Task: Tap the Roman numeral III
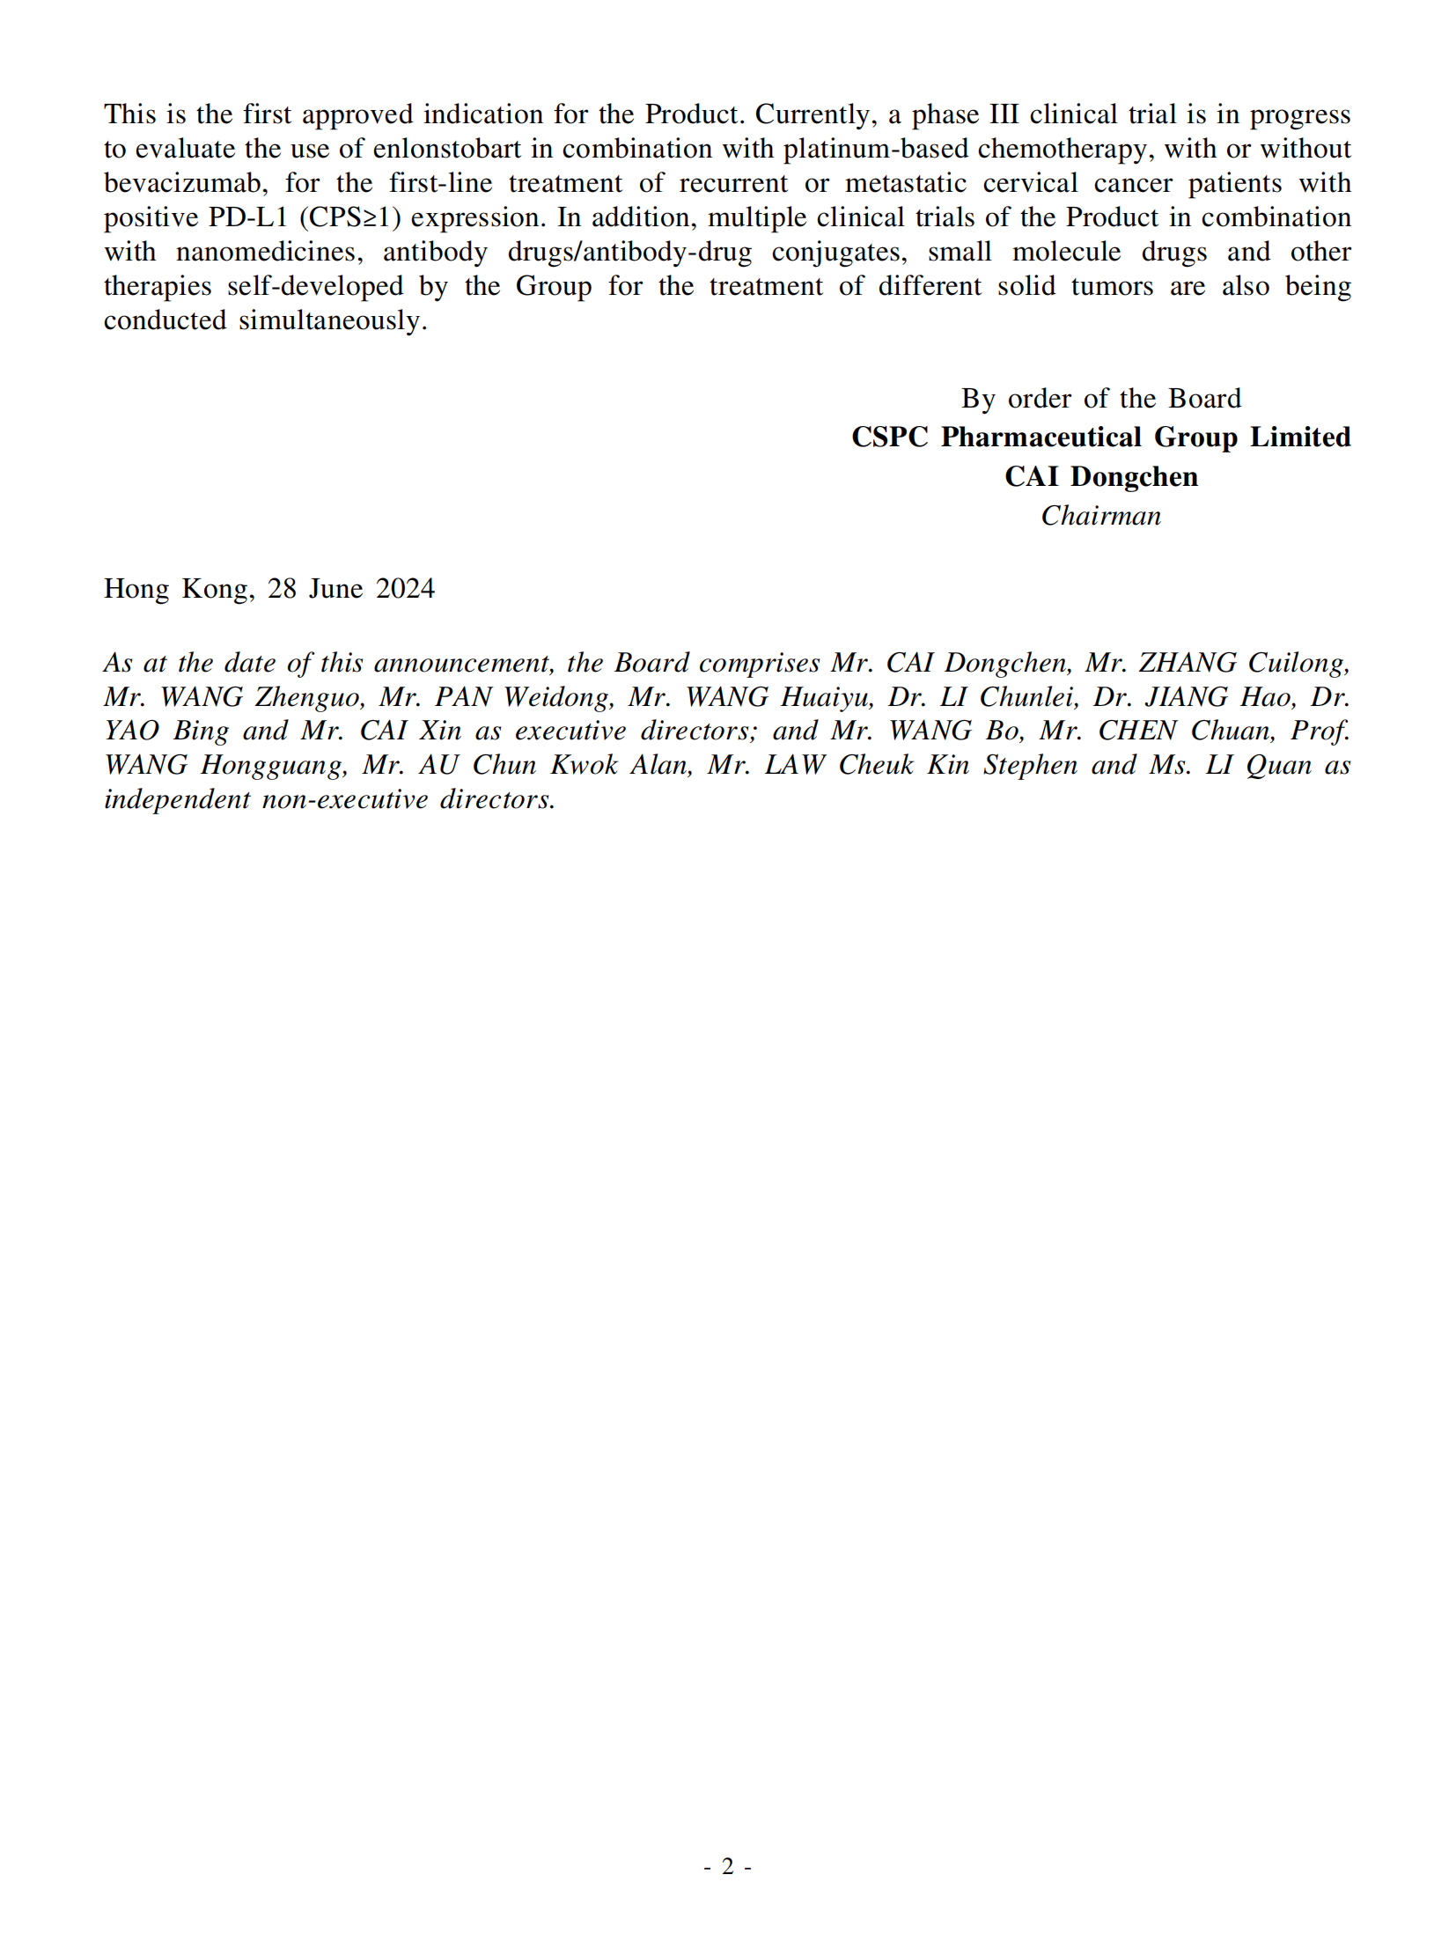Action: (1004, 114)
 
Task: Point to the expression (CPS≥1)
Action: (349, 217)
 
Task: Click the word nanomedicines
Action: (268, 252)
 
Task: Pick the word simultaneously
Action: (333, 320)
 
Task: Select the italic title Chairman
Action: (1100, 516)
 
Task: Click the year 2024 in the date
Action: (405, 589)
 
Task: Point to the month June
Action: (335, 589)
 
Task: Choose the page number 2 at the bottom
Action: (727, 1866)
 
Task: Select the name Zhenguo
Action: (310, 697)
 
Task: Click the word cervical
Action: (1030, 183)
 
